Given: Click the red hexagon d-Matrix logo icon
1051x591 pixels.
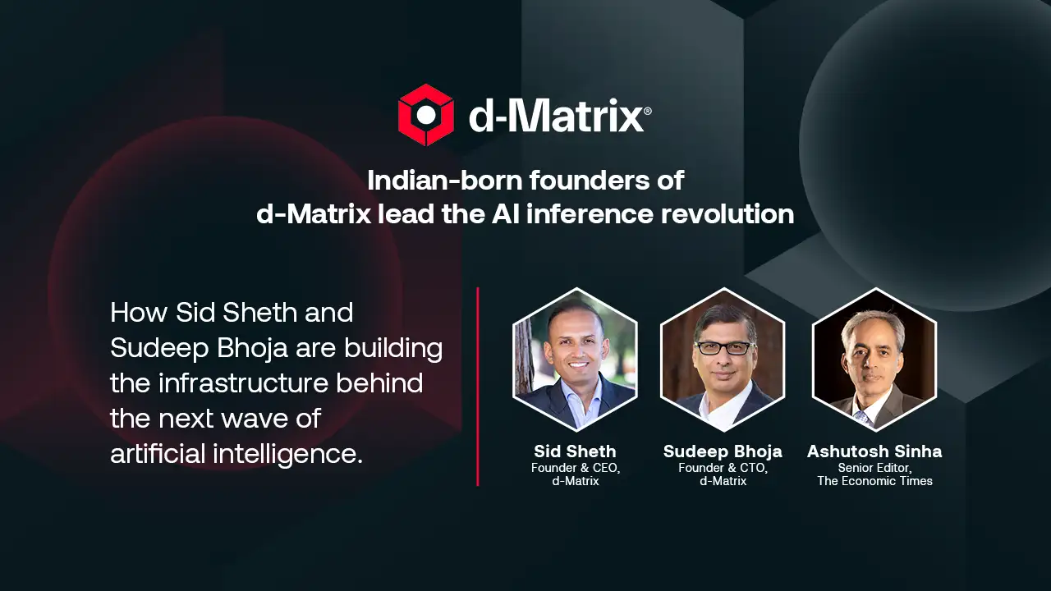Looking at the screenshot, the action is tap(426, 115).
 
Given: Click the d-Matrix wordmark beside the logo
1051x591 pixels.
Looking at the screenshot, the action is tap(556, 115).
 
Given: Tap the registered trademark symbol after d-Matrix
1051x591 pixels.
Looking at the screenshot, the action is tap(648, 111).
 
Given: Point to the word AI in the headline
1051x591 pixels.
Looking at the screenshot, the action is tap(506, 214).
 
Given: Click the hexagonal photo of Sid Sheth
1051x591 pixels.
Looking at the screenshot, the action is tap(576, 360).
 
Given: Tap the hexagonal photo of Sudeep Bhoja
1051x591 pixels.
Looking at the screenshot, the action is tap(723, 360).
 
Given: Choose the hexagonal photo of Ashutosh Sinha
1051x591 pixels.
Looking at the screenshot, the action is tap(874, 360).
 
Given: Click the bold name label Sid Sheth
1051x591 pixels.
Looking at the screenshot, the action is tap(576, 451).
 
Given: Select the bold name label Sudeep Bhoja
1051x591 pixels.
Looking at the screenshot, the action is tap(723, 451).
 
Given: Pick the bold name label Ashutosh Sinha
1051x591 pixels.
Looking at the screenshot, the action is tap(874, 451).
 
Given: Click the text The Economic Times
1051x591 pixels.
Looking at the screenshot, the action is tap(875, 481).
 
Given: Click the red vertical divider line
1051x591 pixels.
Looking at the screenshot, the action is tap(478, 387).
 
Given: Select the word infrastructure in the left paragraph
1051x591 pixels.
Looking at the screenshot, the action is tap(244, 383).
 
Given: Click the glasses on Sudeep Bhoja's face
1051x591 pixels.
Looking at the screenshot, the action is tap(725, 348).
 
